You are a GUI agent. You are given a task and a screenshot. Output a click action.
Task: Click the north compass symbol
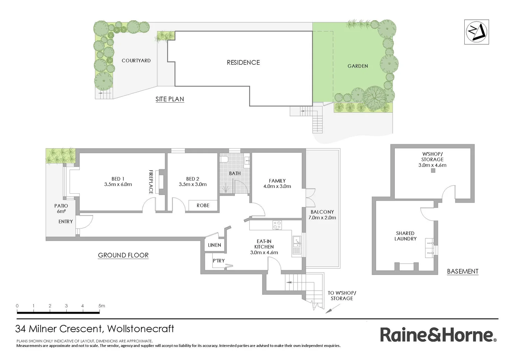point(477,32)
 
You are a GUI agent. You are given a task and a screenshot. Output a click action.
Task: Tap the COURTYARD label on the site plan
point(136,61)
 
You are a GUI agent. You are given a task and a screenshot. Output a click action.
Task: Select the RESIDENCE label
point(243,62)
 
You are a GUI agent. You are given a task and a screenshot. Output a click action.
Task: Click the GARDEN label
point(358,66)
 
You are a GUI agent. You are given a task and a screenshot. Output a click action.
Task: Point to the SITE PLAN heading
point(170,99)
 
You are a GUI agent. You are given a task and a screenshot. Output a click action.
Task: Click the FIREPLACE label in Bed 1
point(151,182)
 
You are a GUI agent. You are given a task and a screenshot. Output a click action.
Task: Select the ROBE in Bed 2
point(203,205)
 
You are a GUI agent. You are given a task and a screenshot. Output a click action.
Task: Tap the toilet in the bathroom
point(224,159)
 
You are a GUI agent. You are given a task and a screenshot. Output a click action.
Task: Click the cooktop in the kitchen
point(277,225)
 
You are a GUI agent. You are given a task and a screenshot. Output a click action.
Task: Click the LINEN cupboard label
point(214,245)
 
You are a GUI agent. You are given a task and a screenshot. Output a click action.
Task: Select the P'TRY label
point(219,261)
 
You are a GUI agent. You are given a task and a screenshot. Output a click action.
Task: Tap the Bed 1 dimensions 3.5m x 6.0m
point(118,184)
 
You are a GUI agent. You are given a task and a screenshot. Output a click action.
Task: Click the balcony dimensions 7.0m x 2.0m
point(322,218)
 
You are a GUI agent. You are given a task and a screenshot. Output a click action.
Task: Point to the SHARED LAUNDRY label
point(405,236)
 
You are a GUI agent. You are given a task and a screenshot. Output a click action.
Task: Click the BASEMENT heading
point(462,271)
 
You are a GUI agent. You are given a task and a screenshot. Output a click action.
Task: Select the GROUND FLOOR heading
point(123,255)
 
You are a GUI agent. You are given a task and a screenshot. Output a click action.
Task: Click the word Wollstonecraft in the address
point(141,329)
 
